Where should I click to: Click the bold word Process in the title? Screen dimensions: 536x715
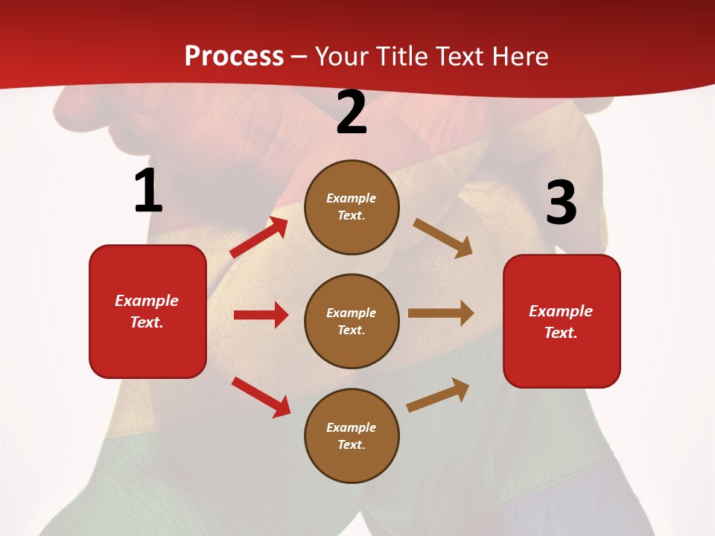point(234,57)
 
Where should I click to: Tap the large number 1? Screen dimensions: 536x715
point(148,191)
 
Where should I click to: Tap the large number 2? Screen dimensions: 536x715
point(352,113)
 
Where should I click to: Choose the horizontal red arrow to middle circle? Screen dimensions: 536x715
point(261,315)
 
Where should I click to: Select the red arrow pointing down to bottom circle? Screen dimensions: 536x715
point(261,397)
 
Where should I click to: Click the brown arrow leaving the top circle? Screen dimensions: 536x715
point(443,238)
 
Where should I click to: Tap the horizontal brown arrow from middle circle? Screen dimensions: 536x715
point(441,313)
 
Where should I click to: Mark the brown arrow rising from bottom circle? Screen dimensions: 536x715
point(438,395)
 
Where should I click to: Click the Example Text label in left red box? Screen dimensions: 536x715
point(147,311)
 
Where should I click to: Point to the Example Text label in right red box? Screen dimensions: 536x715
point(561,322)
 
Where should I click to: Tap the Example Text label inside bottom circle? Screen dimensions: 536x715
point(352,436)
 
